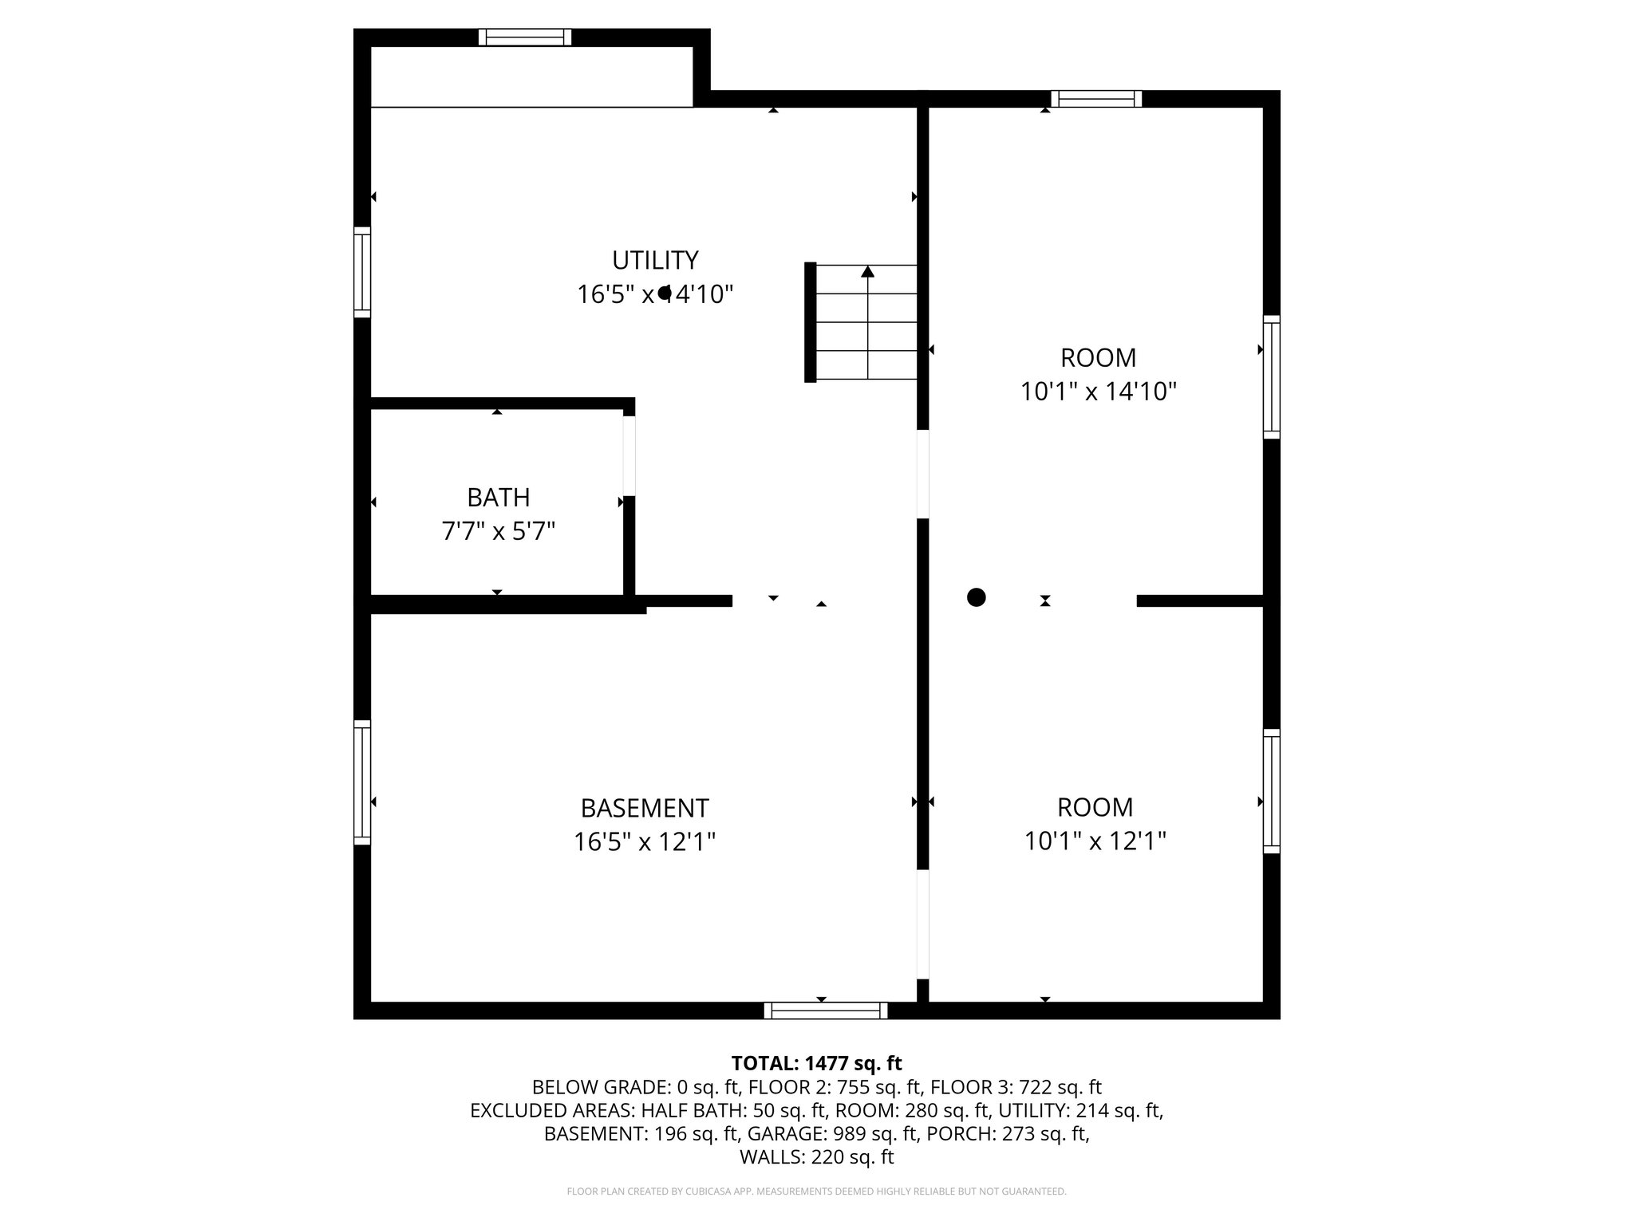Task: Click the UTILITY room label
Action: [655, 261]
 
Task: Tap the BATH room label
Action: [498, 498]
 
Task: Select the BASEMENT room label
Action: [644, 809]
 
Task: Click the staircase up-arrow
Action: [867, 273]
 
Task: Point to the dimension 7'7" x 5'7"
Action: [498, 531]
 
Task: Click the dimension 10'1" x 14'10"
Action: [1099, 392]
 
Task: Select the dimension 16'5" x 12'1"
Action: [644, 842]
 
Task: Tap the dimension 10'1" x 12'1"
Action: [1095, 841]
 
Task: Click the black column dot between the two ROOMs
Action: [976, 597]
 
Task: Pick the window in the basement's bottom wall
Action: [825, 1011]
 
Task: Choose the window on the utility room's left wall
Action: [362, 272]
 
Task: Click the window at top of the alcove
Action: [525, 37]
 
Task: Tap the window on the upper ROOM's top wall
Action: [1096, 99]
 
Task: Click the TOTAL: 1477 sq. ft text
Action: [816, 1063]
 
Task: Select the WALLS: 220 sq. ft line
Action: [816, 1157]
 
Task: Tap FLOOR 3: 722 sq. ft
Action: [1016, 1087]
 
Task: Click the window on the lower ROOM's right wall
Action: [1271, 790]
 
